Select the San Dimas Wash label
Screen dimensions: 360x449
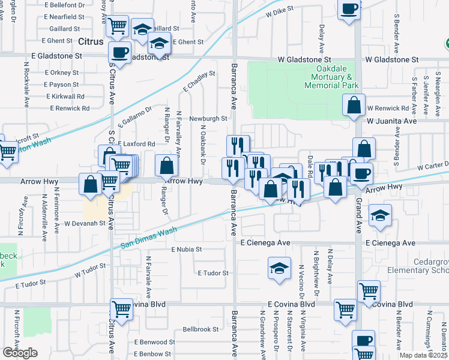click(x=148, y=238)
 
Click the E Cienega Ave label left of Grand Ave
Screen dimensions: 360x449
click(x=265, y=243)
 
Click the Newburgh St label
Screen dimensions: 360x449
click(x=208, y=119)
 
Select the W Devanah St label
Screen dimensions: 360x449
click(x=85, y=223)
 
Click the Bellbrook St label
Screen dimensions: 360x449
click(x=200, y=329)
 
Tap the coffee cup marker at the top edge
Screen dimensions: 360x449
click(x=349, y=9)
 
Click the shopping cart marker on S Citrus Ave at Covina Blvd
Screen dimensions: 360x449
click(x=121, y=309)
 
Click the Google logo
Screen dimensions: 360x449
click(x=20, y=353)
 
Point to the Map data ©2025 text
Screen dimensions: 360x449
click(x=423, y=355)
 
